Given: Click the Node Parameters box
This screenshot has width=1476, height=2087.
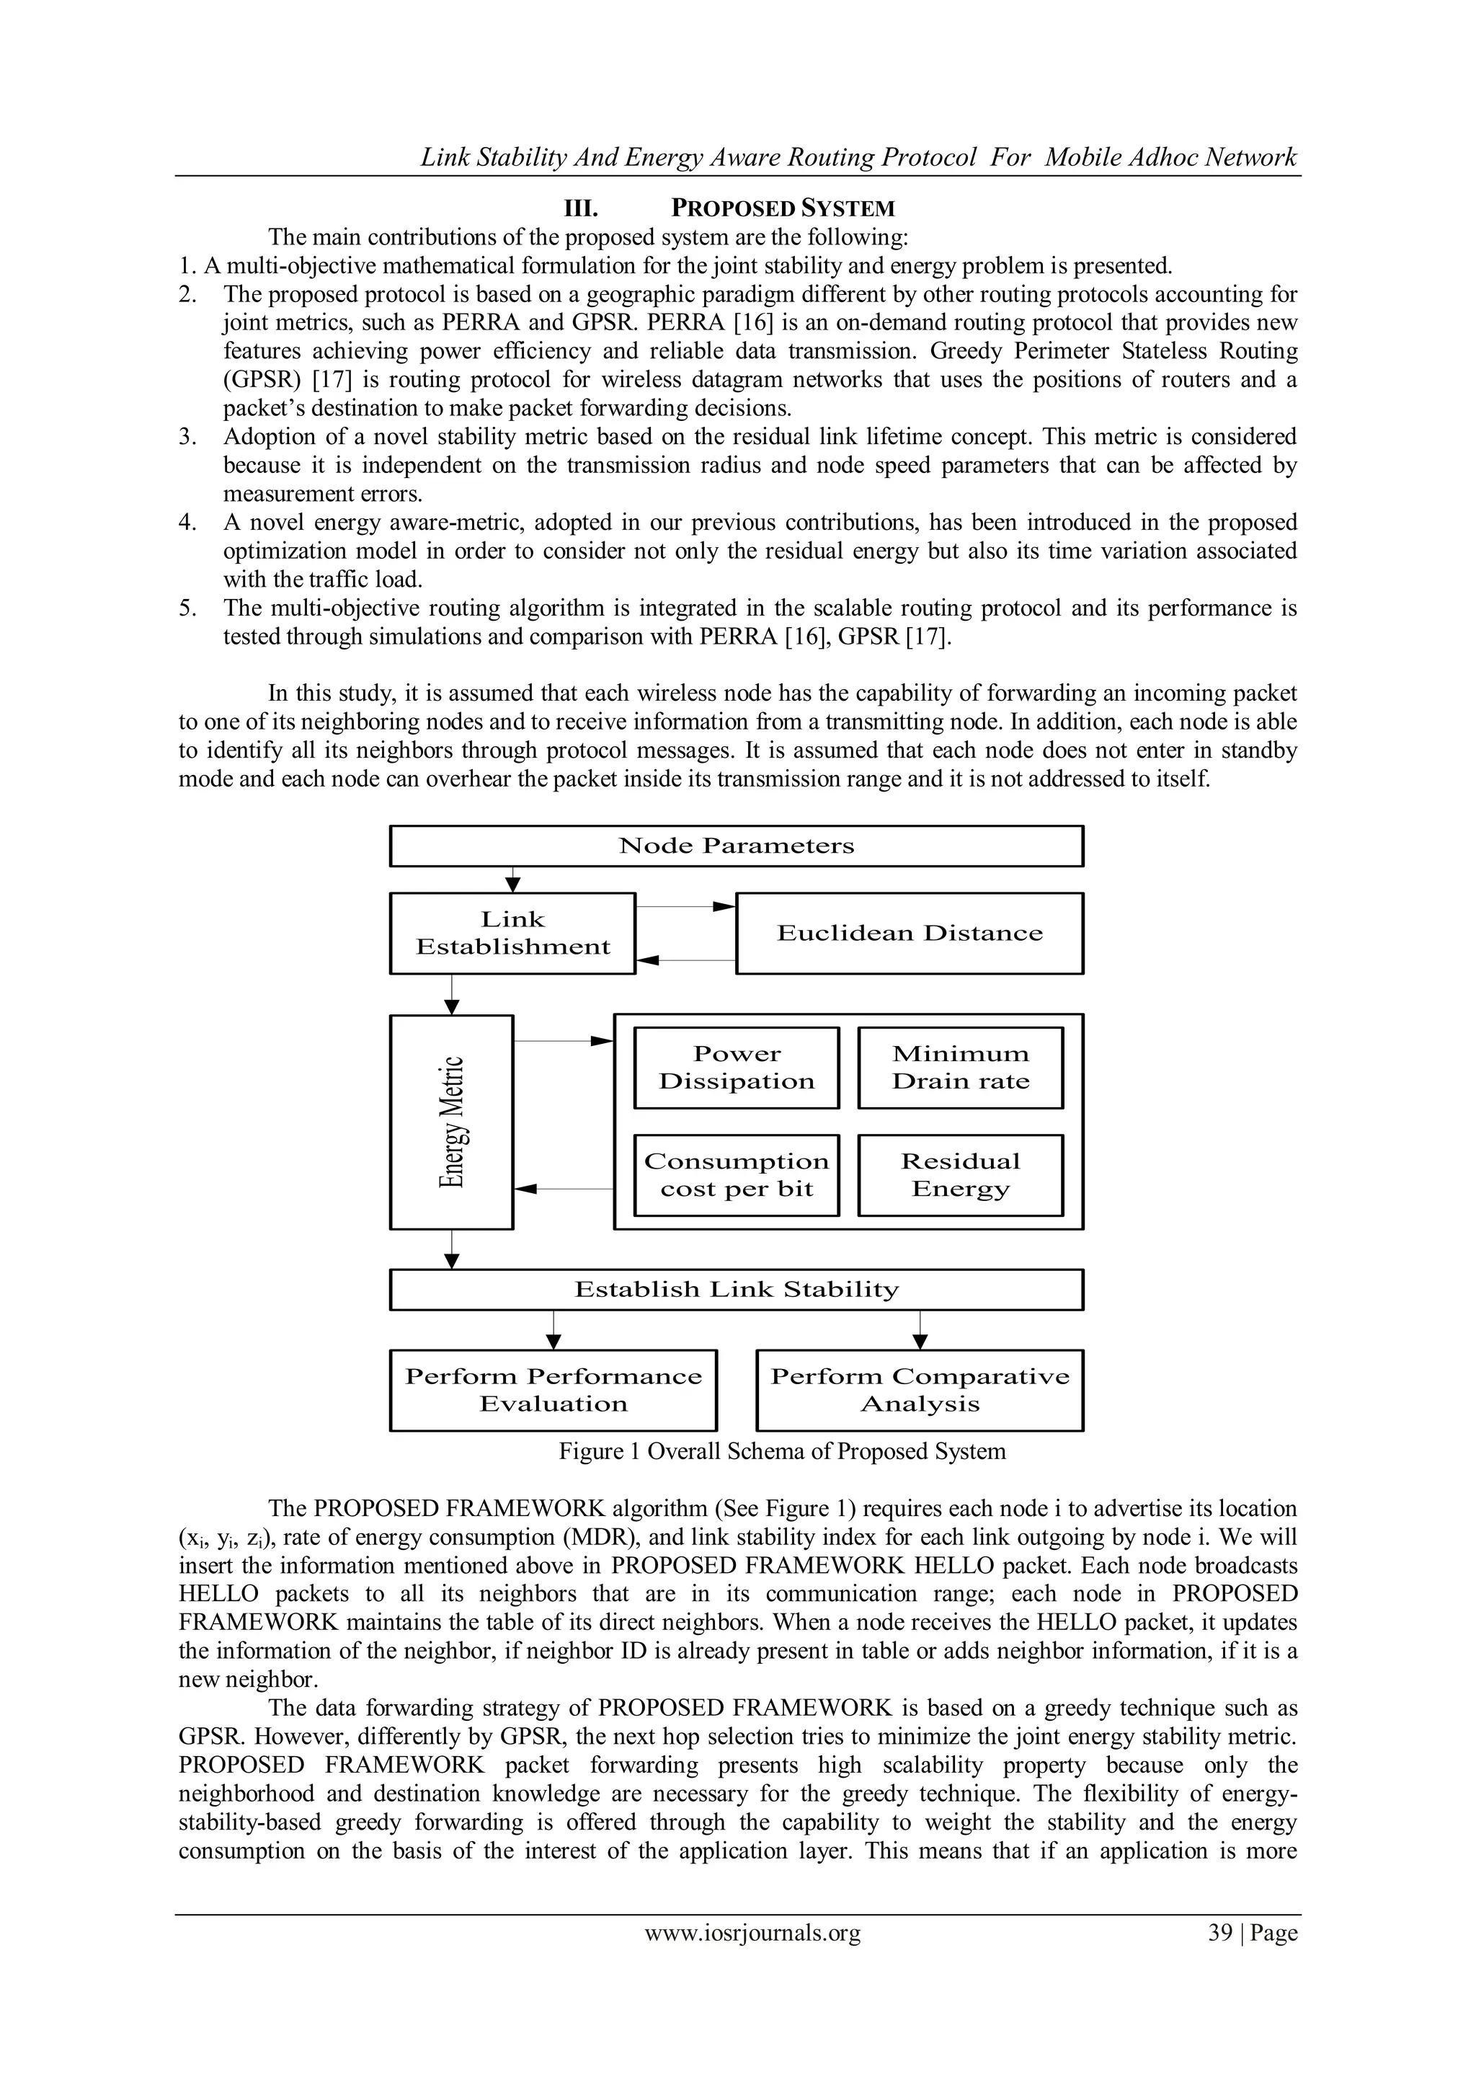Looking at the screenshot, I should click(x=736, y=846).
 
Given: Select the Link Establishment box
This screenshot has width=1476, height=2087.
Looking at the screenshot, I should click(x=512, y=934).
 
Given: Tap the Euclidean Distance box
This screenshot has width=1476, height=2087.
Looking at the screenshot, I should click(x=909, y=934).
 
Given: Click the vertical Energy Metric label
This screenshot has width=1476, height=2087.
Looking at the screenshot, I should click(x=453, y=1122).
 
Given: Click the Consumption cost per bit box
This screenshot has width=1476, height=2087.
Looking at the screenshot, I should click(x=736, y=1175).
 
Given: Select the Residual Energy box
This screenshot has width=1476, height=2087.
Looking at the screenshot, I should click(x=961, y=1175).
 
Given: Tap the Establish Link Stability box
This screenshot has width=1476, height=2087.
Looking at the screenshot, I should click(x=736, y=1290).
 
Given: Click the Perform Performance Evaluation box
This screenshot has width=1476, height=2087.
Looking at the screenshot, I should click(x=553, y=1390).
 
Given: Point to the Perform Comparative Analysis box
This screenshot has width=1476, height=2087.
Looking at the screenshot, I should click(x=920, y=1390).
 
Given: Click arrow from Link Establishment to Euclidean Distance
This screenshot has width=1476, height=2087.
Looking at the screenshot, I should click(x=685, y=907).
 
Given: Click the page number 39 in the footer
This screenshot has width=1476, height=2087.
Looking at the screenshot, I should click(x=1219, y=1933).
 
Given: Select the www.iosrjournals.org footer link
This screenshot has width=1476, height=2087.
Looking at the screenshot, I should click(x=752, y=1933).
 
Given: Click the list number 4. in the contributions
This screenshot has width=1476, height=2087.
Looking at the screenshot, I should click(x=187, y=523).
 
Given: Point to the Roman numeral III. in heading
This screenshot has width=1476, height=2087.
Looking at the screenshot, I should click(x=581, y=209).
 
